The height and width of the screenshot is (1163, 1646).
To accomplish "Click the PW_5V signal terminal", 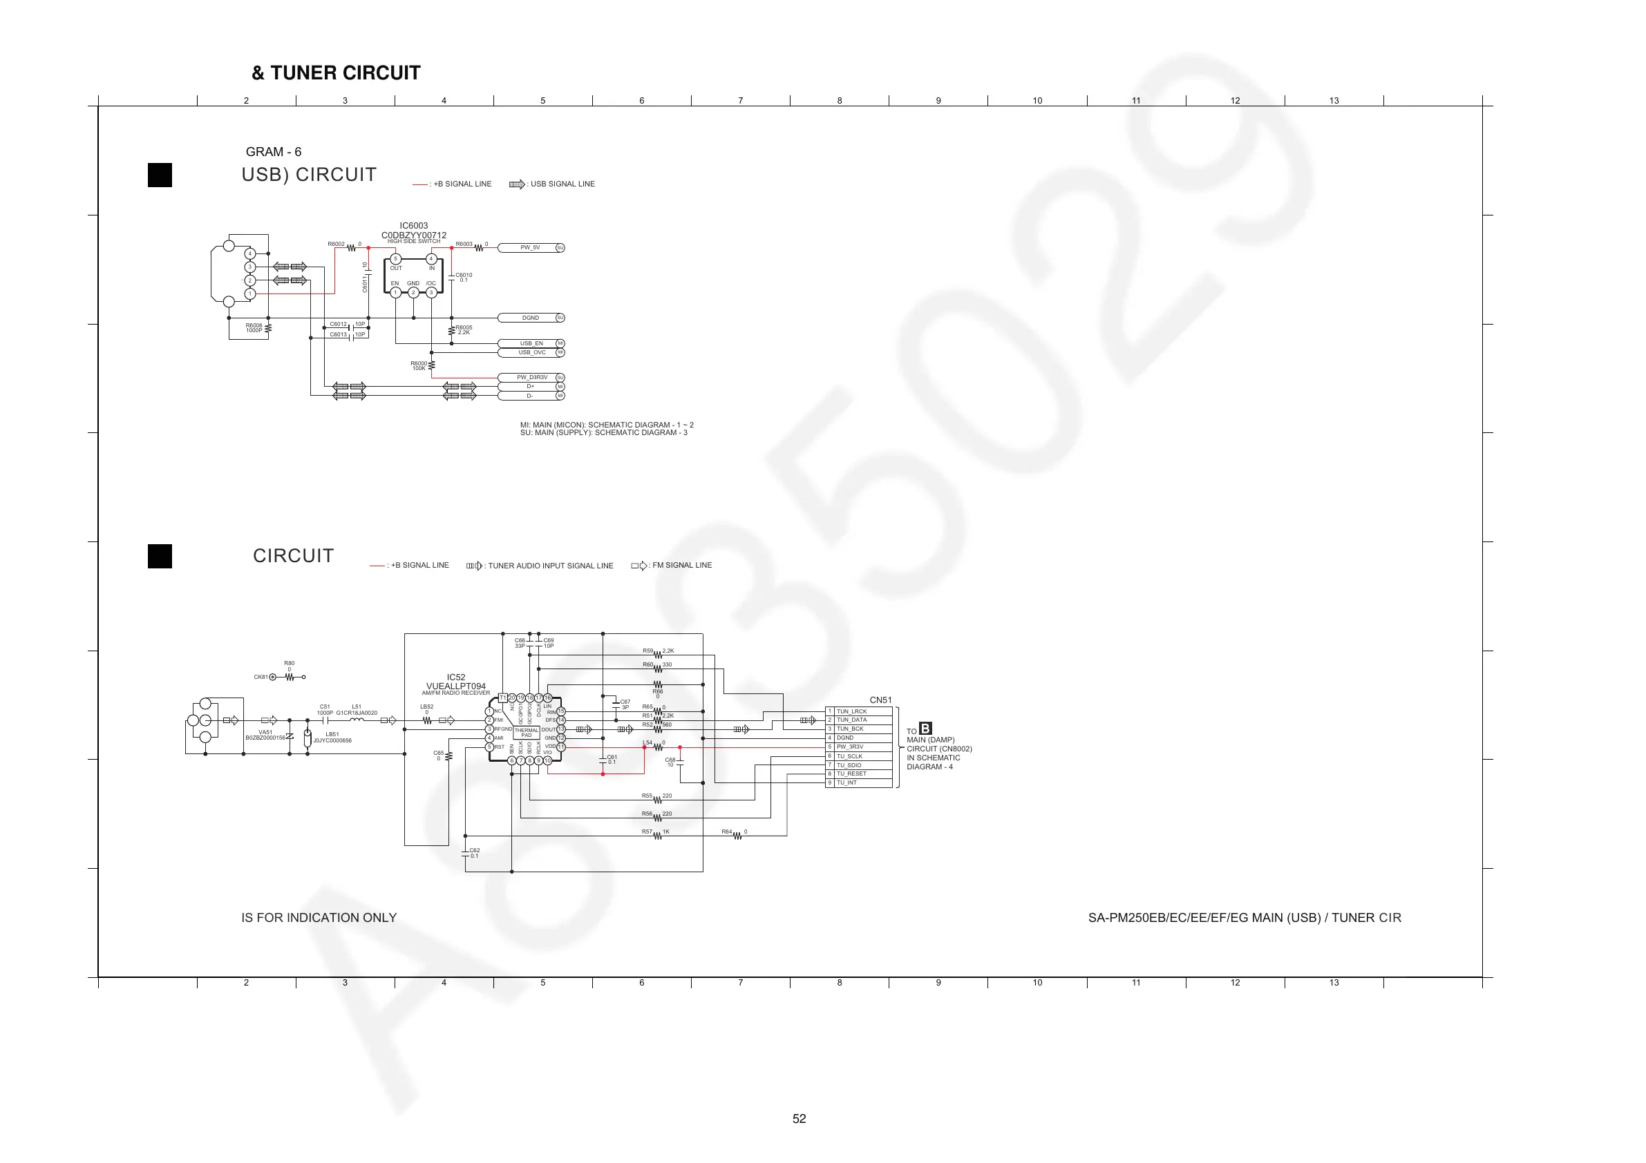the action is (x=531, y=248).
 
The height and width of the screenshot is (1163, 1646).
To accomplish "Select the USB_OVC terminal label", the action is (x=532, y=352).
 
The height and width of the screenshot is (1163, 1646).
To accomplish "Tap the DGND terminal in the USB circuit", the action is (x=531, y=318).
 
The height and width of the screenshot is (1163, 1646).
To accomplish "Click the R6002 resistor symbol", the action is (x=351, y=248).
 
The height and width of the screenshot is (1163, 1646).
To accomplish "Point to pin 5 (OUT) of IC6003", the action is (x=396, y=260).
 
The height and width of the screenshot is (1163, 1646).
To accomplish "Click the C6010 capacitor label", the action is (x=464, y=275).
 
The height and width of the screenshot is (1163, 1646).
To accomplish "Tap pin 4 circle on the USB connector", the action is (x=250, y=253).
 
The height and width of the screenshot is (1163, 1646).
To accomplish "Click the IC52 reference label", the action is (x=456, y=677).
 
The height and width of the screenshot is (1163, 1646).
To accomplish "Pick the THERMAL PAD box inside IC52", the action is (x=526, y=733).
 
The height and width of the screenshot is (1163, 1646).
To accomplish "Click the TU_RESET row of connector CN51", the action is (x=859, y=774).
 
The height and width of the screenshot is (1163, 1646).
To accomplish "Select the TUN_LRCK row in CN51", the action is (x=859, y=711).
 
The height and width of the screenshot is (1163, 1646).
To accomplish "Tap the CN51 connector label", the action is (x=880, y=700).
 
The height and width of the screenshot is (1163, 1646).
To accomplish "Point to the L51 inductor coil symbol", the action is (x=357, y=720).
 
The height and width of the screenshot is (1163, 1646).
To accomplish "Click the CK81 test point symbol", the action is (x=272, y=677).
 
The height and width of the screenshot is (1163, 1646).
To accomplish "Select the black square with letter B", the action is (x=925, y=729).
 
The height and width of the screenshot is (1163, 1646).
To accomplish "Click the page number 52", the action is (x=800, y=1119).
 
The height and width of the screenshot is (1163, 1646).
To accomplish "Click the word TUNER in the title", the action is (x=305, y=73).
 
